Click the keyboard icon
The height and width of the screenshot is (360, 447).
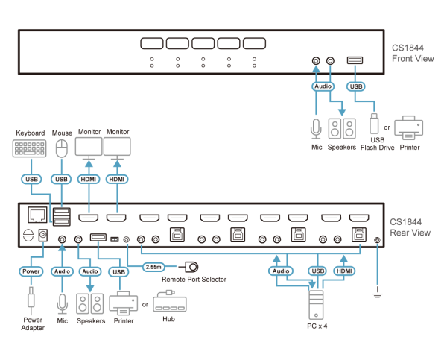30,148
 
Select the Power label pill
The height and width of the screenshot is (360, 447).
31,271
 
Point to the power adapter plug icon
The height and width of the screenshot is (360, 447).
31,300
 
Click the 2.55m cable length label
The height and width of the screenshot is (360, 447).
153,266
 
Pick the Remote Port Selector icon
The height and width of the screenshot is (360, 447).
191,266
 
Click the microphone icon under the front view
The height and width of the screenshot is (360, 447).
316,128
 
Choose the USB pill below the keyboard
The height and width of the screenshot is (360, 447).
30,180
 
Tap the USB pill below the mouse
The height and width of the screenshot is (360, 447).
61,180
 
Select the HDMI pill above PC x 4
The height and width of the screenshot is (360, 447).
343,271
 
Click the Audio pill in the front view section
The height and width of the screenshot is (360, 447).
323,86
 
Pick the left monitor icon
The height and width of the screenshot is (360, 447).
89,147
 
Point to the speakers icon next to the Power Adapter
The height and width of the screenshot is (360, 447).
90,303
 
